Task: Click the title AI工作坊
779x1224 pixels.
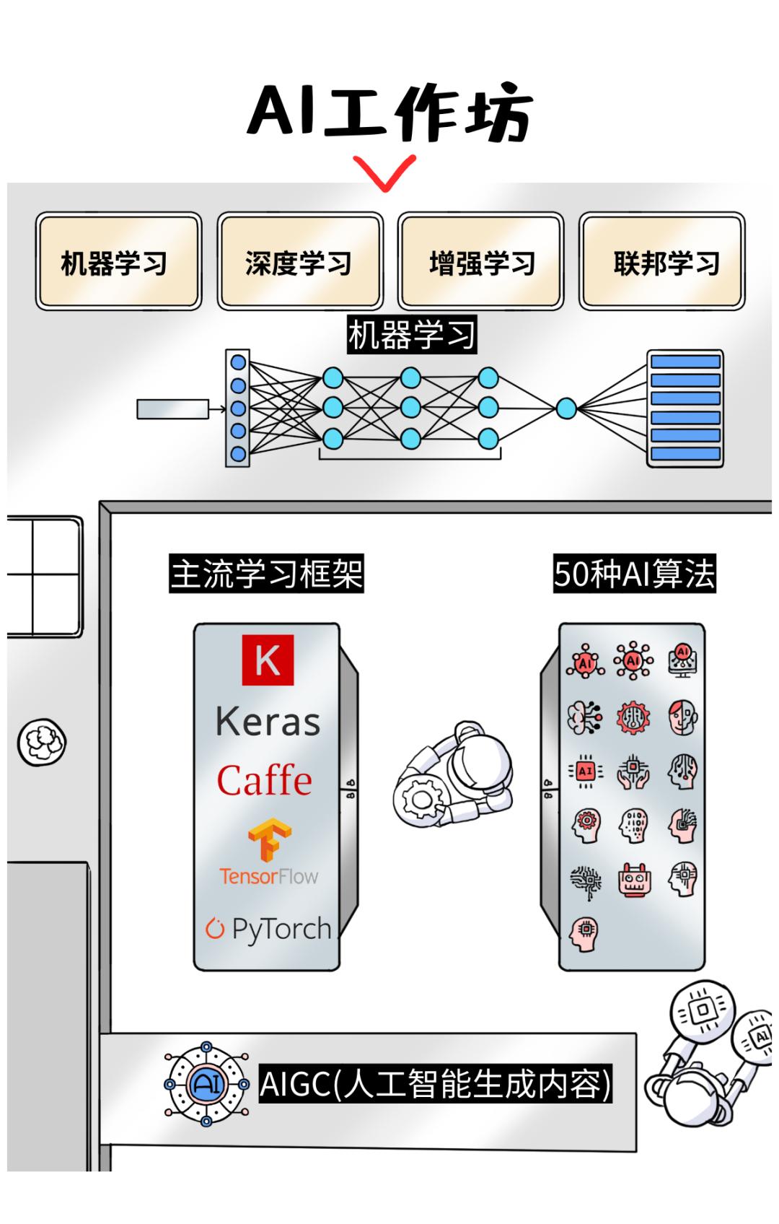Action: (389, 114)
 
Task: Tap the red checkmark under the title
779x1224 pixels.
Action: (384, 172)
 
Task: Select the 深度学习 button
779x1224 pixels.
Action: (299, 262)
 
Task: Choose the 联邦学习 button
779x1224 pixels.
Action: (662, 262)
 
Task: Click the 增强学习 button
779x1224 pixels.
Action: (481, 262)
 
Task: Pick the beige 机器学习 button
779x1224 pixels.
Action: (118, 262)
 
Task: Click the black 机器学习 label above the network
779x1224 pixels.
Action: (412, 335)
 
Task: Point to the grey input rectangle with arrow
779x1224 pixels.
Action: (173, 409)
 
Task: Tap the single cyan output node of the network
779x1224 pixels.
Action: (566, 409)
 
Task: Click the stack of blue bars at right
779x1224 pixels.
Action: (685, 408)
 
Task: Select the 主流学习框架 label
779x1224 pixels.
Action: (266, 574)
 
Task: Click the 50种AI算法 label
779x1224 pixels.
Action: (634, 574)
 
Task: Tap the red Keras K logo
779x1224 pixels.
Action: (268, 660)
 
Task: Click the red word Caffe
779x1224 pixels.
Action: (265, 781)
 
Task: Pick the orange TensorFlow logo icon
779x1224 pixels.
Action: (269, 840)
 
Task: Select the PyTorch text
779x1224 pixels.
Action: (281, 929)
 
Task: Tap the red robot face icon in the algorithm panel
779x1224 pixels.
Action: (635, 880)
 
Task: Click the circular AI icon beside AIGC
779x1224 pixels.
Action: (206, 1083)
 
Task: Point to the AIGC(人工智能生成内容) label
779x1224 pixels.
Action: (435, 1083)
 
